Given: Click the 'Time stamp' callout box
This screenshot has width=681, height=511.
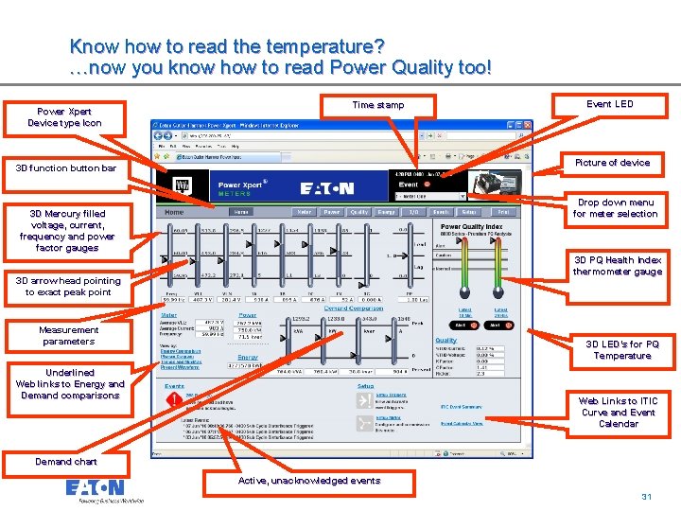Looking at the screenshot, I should coord(377,105).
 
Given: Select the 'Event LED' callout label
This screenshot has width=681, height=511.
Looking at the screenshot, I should coord(609,104).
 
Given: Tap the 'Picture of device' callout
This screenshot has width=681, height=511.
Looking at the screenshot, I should coord(612,163).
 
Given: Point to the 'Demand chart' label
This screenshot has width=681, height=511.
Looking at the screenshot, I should coord(66,462).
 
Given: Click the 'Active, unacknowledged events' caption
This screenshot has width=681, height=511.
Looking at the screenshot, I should coord(309,481).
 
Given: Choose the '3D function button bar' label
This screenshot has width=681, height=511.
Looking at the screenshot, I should coord(66,168).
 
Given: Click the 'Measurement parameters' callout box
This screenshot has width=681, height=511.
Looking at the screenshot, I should coord(68,336).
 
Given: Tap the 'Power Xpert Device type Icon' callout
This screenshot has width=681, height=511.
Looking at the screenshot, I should coord(64,117).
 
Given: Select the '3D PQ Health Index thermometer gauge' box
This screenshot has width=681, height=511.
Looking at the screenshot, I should coord(617,266).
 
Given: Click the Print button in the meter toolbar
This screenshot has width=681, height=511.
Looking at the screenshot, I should coord(504,212).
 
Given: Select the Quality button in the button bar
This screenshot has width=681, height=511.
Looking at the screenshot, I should coord(359,212).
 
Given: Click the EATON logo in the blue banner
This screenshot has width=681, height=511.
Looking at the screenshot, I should coord(326,188).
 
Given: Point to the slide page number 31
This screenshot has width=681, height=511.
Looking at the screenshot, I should coord(647,496).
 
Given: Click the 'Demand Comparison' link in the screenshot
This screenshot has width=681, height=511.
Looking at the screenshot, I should coord(352,308).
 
